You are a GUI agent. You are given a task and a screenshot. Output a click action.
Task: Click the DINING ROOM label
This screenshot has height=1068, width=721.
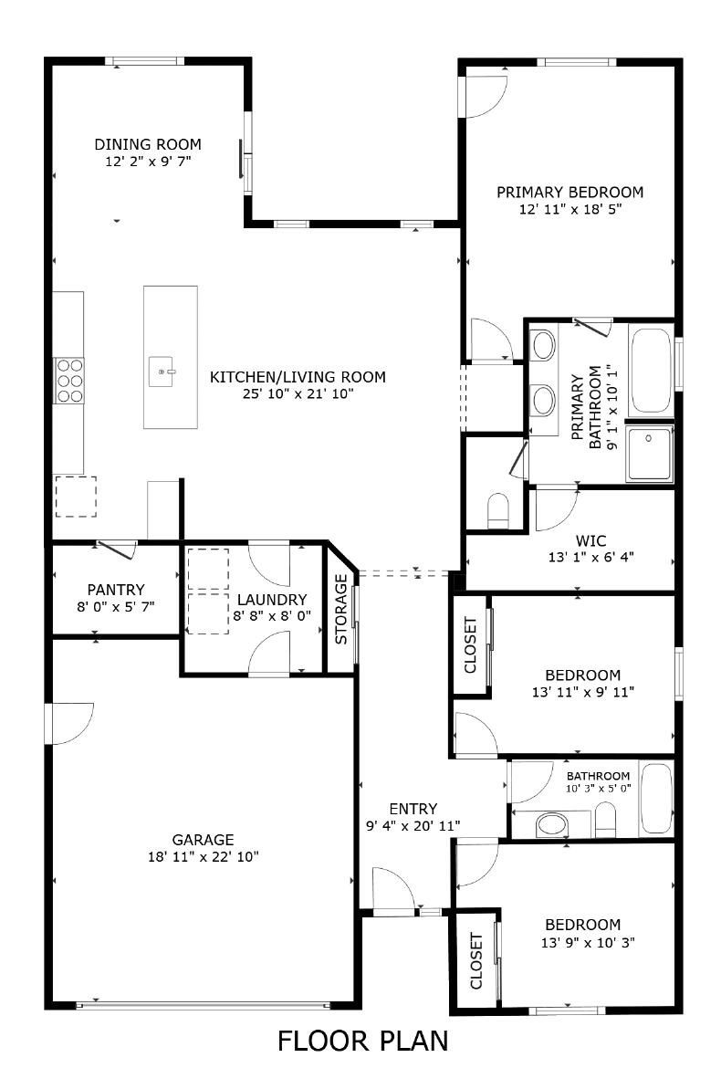pyautogui.click(x=148, y=144)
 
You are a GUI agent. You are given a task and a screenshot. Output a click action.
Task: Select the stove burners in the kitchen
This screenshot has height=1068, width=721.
pyautogui.click(x=68, y=379)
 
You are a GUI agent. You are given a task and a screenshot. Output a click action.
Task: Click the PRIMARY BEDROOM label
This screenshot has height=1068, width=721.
pyautogui.click(x=569, y=192)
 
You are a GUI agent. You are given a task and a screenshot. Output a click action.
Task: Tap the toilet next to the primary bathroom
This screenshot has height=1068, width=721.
pyautogui.click(x=498, y=511)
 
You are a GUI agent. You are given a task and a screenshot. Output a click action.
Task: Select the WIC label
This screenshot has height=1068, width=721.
pyautogui.click(x=590, y=540)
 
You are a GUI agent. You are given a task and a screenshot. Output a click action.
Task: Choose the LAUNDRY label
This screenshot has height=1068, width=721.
pyautogui.click(x=271, y=600)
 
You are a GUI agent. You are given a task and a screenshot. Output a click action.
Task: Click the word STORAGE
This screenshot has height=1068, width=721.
pyautogui.click(x=341, y=610)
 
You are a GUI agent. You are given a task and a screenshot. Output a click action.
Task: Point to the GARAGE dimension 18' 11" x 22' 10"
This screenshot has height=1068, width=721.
pyautogui.click(x=204, y=856)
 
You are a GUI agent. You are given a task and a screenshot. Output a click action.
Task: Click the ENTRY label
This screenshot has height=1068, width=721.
pyautogui.click(x=413, y=809)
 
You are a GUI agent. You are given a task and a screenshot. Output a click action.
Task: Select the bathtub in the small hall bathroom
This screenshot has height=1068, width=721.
pyautogui.click(x=655, y=800)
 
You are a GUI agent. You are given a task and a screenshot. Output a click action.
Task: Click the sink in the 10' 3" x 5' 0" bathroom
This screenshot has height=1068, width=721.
pyautogui.click(x=550, y=825)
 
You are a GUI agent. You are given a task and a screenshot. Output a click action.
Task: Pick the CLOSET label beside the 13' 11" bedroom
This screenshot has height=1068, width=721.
pyautogui.click(x=471, y=645)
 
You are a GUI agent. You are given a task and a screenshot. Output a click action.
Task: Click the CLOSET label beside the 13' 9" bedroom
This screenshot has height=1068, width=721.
pyautogui.click(x=475, y=961)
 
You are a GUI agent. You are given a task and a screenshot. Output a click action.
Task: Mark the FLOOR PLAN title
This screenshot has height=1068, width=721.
pyautogui.click(x=362, y=1041)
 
